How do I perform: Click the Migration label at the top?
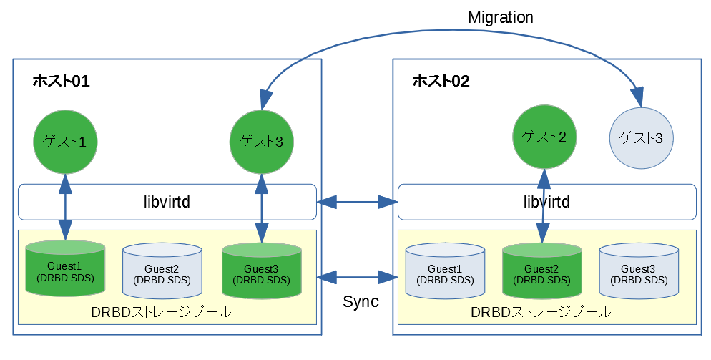point(500,18)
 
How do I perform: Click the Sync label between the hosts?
point(361,301)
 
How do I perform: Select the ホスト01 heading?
point(61,82)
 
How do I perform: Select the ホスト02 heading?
point(441,82)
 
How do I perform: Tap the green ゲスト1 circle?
point(65,141)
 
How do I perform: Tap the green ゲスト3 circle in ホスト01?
point(260,141)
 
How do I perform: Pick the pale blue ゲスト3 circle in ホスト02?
point(640,137)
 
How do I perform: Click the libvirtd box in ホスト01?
point(167,202)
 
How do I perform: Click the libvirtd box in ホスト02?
point(546,202)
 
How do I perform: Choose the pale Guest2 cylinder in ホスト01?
point(162,271)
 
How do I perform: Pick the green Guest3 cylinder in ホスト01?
point(260,271)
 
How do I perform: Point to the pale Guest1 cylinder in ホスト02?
point(444,271)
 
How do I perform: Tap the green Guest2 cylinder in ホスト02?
point(541,271)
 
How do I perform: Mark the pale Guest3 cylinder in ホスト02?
point(638,271)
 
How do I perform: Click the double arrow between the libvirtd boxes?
point(357,203)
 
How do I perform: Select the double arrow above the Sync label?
point(357,276)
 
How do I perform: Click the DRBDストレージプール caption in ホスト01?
point(162,313)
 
